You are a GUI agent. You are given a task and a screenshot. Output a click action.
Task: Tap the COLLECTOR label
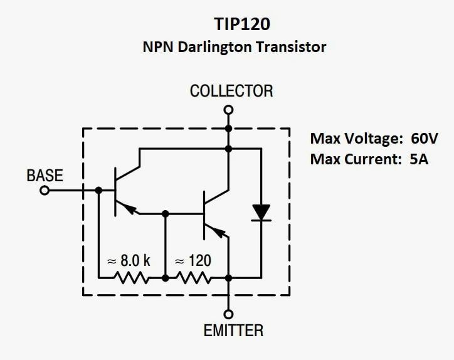[231, 91]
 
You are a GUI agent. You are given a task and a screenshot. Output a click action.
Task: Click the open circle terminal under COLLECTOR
[229, 110]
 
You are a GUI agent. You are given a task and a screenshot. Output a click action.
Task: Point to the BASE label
[45, 176]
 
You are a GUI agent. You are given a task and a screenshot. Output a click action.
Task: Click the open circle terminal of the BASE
[45, 190]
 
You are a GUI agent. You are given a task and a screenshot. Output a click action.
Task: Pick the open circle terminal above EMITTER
[229, 314]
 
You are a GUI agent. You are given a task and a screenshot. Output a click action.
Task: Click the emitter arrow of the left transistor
[130, 209]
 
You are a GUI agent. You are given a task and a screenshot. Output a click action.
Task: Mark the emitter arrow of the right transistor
[219, 233]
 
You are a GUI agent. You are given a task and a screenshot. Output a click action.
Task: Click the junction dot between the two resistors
[165, 277]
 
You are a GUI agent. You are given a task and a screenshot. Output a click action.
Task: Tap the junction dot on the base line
[98, 190]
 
